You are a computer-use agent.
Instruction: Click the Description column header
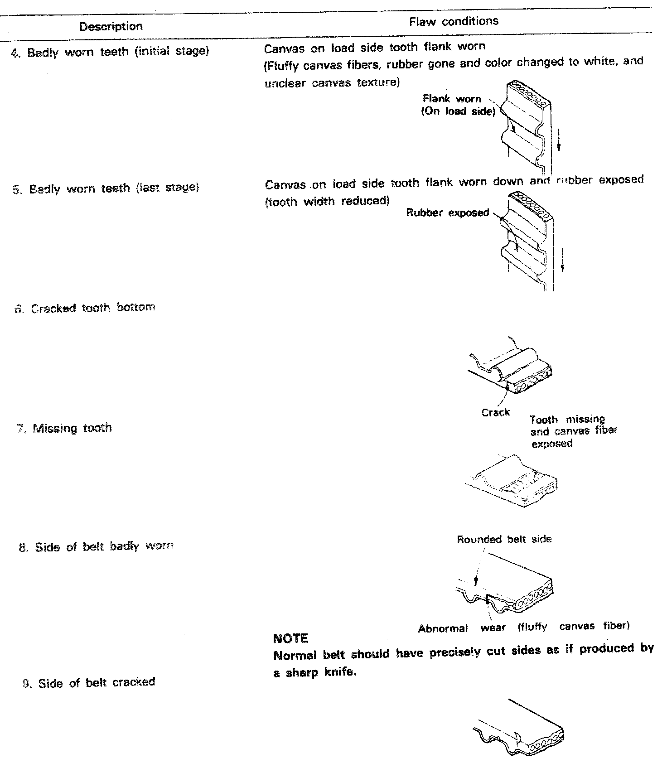point(111,27)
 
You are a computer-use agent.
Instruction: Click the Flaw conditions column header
point(454,21)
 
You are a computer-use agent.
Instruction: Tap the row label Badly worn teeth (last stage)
point(114,188)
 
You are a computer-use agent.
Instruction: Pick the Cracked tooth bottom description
point(93,308)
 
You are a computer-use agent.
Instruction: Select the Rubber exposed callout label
point(448,213)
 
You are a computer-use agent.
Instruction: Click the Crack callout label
point(496,413)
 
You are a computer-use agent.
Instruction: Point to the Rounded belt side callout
point(504,540)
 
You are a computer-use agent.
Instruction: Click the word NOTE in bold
point(291,639)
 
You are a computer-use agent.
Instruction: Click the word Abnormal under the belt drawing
point(443,629)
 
